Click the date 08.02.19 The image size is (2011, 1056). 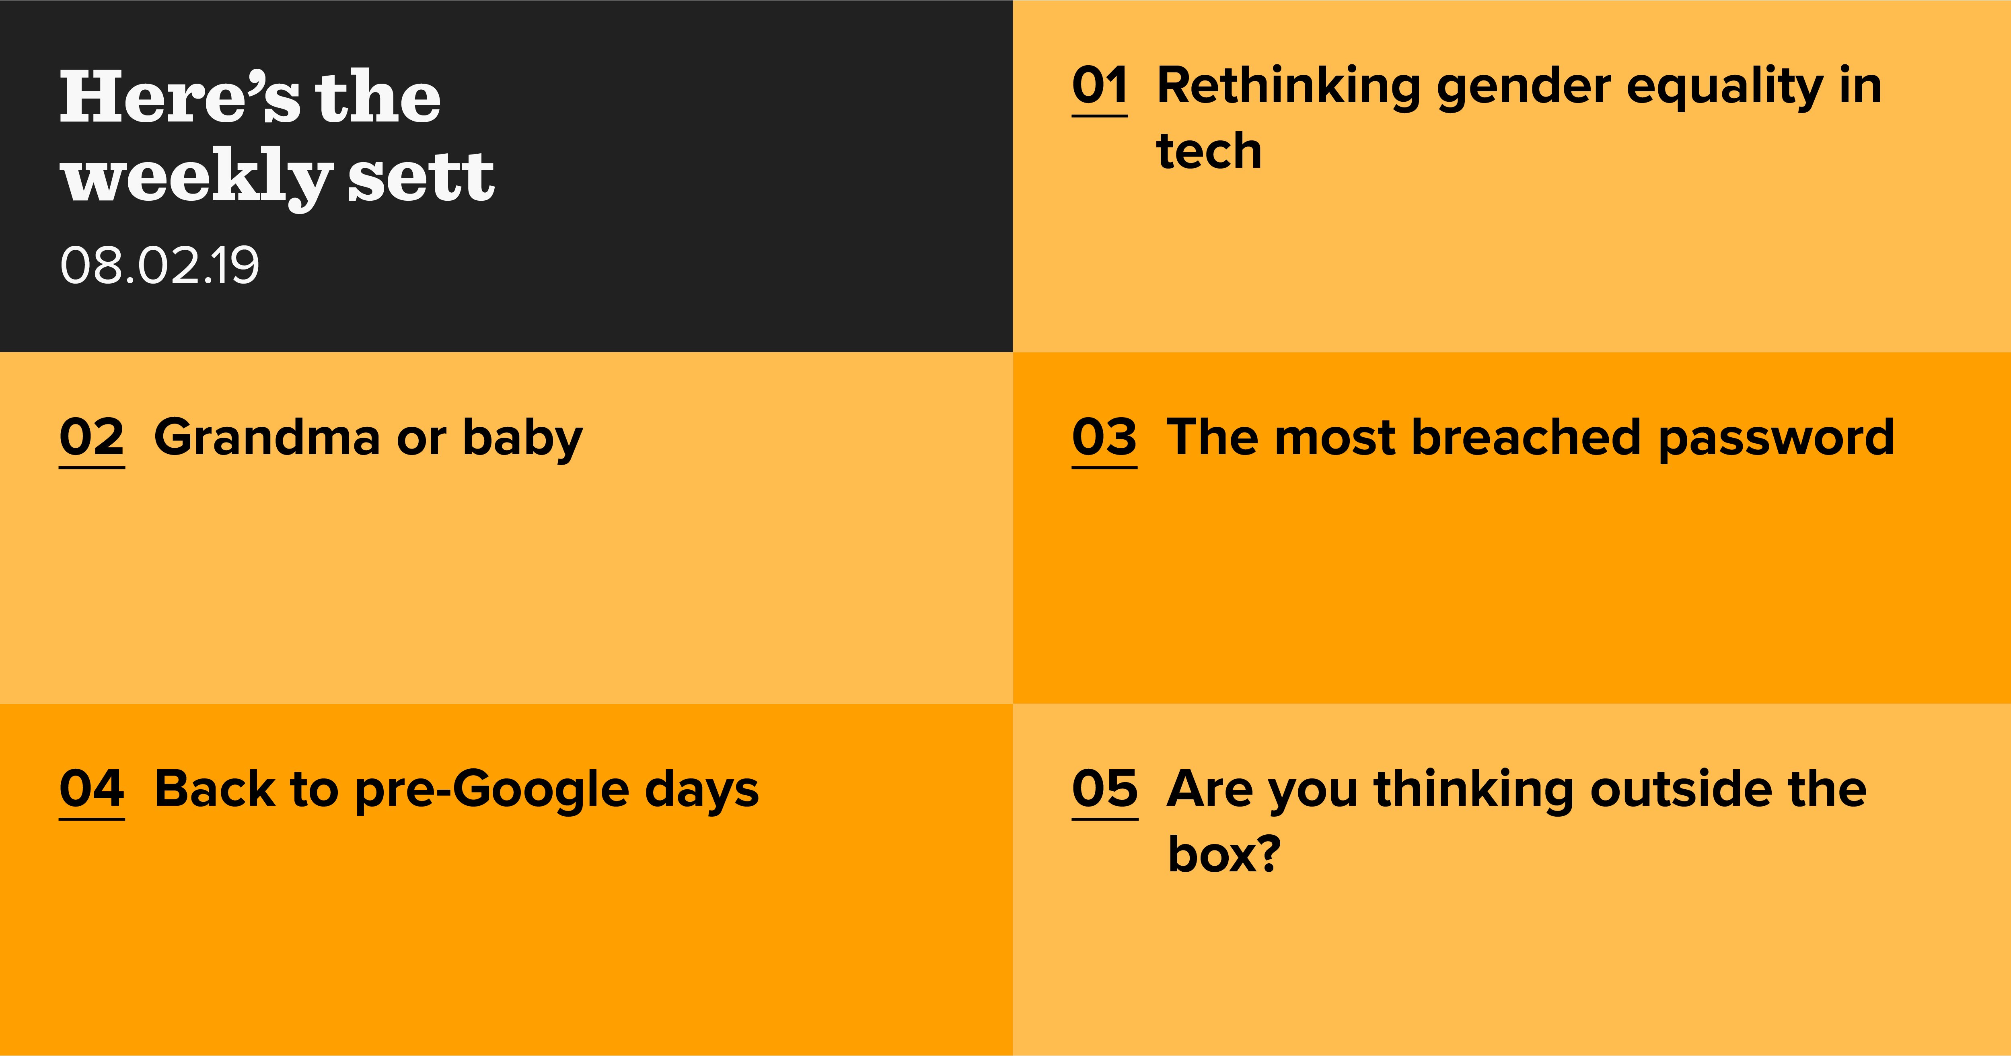tap(159, 266)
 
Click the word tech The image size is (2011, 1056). tap(1209, 151)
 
